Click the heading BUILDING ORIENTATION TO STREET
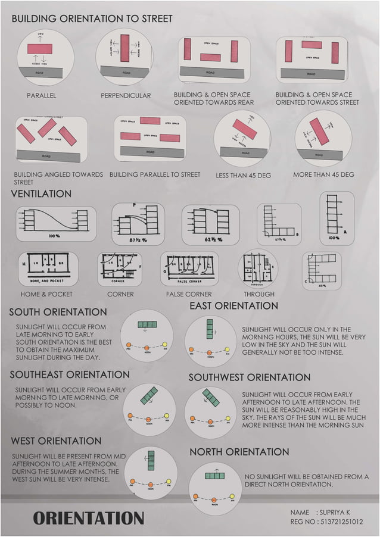pyautogui.click(x=92, y=18)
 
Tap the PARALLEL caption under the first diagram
pyautogui.click(x=41, y=95)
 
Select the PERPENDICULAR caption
pyautogui.click(x=126, y=95)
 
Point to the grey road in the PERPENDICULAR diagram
pyautogui.click(x=124, y=71)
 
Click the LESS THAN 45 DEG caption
pyautogui.click(x=243, y=176)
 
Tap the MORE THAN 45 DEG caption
pyautogui.click(x=323, y=174)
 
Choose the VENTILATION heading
pyautogui.click(x=41, y=194)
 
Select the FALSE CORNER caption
pyautogui.click(x=189, y=294)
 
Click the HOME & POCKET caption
pyautogui.click(x=46, y=294)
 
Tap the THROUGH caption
pyautogui.click(x=259, y=294)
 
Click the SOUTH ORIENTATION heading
pyautogui.click(x=58, y=312)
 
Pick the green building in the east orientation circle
pyautogui.click(x=210, y=329)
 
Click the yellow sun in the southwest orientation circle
pyautogui.click(x=228, y=417)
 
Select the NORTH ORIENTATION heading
pyautogui.click(x=239, y=452)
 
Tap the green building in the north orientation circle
pyautogui.click(x=214, y=476)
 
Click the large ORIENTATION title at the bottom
pyautogui.click(x=88, y=518)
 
